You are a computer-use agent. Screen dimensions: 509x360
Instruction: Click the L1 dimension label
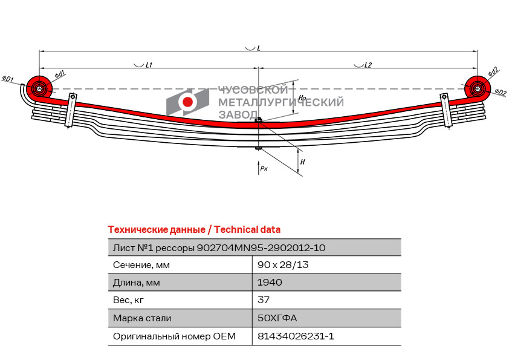(x=149, y=65)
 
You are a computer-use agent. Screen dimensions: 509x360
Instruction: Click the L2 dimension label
(x=368, y=65)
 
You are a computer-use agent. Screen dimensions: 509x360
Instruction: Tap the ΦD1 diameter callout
(x=8, y=78)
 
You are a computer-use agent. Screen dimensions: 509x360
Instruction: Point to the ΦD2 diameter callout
(x=501, y=93)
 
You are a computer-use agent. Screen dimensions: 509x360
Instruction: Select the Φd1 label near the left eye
(x=60, y=74)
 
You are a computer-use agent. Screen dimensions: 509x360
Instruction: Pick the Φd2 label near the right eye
(x=493, y=72)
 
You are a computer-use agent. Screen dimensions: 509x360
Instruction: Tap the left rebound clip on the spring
(x=71, y=110)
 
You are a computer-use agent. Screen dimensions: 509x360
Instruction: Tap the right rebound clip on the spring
(x=446, y=111)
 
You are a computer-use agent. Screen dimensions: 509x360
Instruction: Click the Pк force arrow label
(x=264, y=168)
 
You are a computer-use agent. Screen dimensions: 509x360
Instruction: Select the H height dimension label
(x=302, y=162)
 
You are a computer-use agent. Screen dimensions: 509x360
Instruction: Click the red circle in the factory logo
(x=187, y=102)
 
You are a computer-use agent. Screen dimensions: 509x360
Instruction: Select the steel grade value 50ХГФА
(x=277, y=318)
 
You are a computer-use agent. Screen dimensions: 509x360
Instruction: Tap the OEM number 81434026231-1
(x=296, y=336)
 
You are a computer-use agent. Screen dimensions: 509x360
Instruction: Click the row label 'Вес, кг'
(x=128, y=300)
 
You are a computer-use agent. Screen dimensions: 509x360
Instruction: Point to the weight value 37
(x=263, y=299)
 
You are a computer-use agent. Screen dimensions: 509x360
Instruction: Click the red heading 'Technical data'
(x=247, y=230)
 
